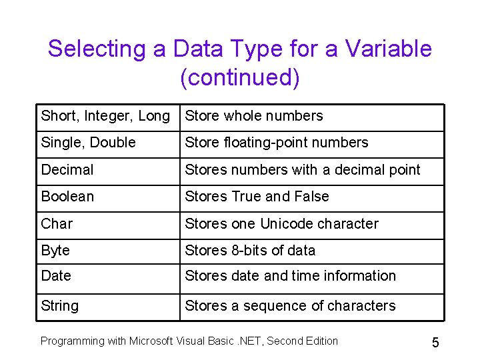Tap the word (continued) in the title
coord(240,77)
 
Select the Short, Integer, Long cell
coord(105,116)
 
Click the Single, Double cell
coord(88,143)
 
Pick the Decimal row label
coord(67,170)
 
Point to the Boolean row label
coord(67,197)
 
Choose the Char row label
coord(57,224)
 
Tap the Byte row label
coord(55,251)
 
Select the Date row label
coord(56,276)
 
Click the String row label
coord(59,306)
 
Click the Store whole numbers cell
coord(254,116)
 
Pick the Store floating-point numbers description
coord(277,143)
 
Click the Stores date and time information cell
coord(291,276)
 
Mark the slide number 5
coord(435,343)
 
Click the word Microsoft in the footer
coord(152,341)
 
